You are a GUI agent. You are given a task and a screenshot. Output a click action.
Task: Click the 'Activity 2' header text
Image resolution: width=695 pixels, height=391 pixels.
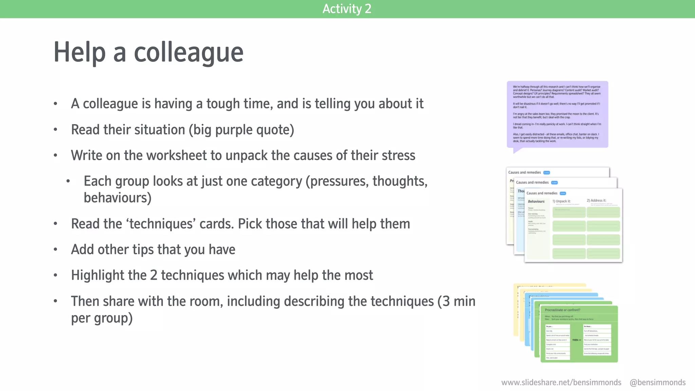pos(347,9)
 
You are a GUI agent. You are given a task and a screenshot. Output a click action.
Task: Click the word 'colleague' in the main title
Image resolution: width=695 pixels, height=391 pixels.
pos(189,53)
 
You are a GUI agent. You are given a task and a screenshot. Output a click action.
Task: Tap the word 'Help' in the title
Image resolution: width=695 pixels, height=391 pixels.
pos(80,53)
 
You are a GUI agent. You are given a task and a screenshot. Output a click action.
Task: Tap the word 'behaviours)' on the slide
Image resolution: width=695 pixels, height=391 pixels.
pos(117,198)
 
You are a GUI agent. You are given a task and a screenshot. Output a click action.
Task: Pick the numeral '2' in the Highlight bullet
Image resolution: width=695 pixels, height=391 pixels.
pos(153,275)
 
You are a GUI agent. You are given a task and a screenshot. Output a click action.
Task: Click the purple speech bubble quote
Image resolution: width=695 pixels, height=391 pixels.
pos(557,114)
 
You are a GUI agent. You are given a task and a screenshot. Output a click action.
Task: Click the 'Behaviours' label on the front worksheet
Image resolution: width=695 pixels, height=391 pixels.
pos(536,202)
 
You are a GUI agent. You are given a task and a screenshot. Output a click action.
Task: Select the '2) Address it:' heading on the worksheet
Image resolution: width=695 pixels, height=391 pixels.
pos(596,201)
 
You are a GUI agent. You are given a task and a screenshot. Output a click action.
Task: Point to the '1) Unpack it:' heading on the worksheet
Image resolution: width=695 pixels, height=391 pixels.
pos(562,201)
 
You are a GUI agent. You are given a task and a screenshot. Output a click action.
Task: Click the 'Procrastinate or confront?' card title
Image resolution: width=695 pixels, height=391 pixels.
pos(562,310)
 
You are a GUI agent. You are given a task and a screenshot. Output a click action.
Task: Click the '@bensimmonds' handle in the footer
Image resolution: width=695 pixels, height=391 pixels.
pos(657,383)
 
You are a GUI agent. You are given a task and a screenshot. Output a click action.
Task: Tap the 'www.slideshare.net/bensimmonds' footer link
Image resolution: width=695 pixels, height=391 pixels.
pos(561,383)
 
